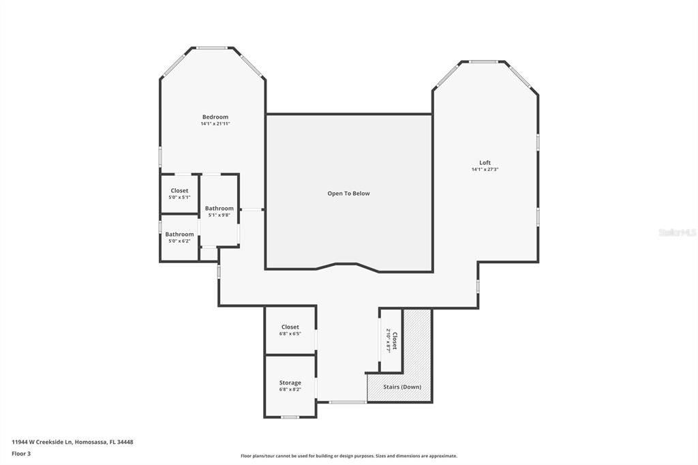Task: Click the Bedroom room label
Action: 215,117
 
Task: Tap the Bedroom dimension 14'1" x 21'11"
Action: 215,124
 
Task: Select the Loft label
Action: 485,162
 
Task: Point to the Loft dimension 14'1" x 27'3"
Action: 485,170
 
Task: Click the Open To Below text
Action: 348,194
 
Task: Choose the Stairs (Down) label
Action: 402,387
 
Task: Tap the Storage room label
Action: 290,382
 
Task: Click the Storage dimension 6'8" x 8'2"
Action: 290,390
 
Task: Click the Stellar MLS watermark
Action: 677,232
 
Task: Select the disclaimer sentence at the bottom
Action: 348,456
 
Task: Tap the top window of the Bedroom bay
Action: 212,48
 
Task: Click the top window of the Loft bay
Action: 484,62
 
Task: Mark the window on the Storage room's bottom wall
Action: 290,417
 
